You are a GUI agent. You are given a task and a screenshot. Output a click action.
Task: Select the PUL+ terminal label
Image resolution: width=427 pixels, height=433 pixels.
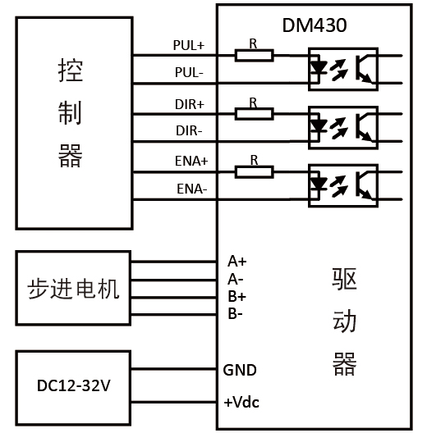point(189,45)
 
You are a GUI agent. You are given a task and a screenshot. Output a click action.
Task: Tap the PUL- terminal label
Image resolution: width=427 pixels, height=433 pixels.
point(190,73)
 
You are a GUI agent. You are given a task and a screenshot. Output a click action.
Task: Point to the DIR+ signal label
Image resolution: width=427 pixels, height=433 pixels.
point(190,104)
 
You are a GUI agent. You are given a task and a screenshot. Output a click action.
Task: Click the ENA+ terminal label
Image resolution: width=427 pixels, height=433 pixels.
point(191,162)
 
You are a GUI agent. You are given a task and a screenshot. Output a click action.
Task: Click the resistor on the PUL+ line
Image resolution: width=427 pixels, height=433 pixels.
point(254,55)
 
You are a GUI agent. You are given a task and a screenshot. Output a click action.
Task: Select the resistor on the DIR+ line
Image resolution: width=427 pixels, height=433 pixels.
point(254,112)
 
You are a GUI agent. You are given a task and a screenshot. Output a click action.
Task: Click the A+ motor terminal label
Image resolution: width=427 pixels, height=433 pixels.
point(236,262)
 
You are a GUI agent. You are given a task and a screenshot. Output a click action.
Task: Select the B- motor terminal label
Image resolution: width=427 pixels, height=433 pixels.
point(236,313)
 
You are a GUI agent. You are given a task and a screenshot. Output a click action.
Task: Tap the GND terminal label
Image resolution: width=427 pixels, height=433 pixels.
point(240,370)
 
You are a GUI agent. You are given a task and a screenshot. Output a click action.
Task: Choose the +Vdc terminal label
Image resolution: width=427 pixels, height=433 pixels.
point(241,403)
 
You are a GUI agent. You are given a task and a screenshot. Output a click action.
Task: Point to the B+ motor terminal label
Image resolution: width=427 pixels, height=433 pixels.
point(236,296)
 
